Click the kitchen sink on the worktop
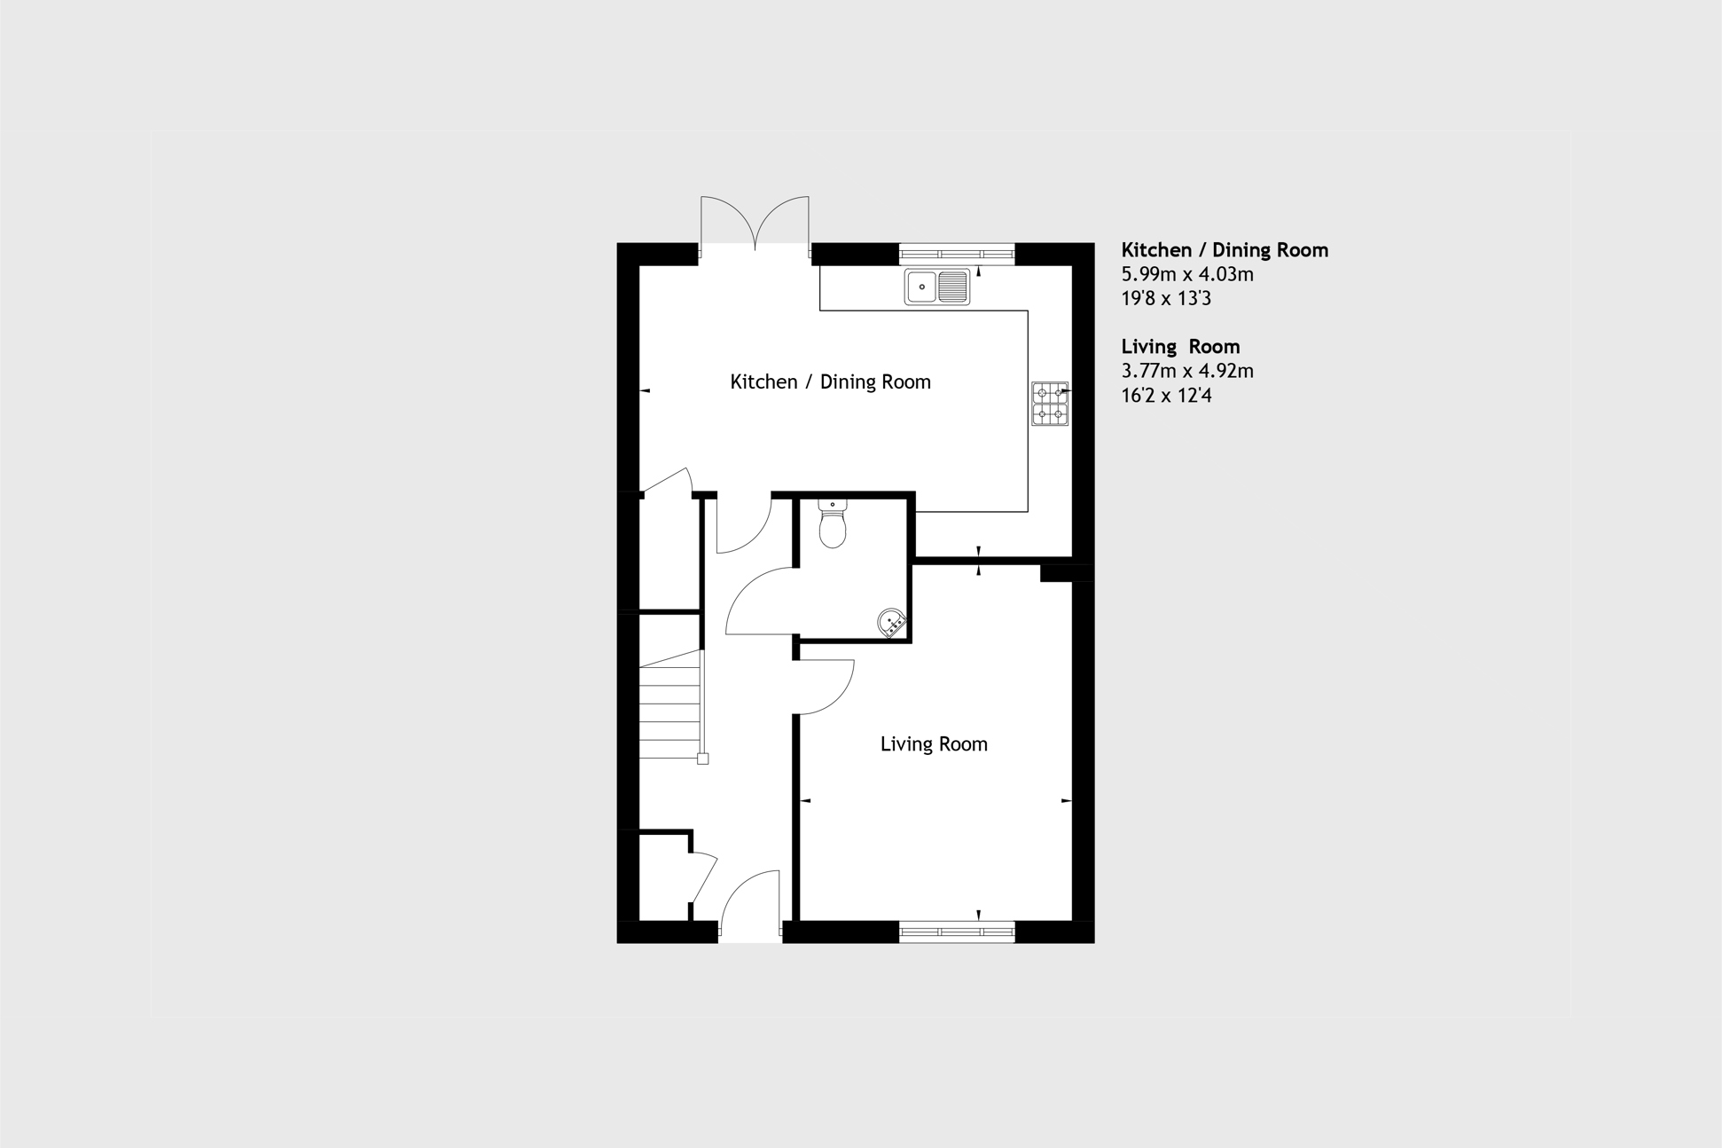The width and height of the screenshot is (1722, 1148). point(937,287)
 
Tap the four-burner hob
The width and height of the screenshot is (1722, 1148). point(1050,404)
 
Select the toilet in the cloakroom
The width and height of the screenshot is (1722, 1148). point(833,523)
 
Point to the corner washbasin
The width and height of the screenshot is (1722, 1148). point(892,623)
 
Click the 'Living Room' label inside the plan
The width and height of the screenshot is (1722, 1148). point(934,744)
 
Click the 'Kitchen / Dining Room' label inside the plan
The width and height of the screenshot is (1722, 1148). point(830,382)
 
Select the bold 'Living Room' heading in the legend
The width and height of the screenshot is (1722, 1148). point(1180,347)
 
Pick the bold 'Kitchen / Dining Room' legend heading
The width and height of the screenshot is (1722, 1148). point(1225,250)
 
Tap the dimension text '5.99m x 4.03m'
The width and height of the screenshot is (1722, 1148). point(1187,274)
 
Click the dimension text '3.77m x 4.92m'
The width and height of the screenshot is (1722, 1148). point(1187,371)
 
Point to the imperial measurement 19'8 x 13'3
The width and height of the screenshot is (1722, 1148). point(1166,298)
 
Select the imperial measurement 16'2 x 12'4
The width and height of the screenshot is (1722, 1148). point(1166,395)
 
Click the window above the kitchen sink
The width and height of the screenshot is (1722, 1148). point(957,255)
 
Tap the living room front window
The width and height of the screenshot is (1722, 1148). point(957,932)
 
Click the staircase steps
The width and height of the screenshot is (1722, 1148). point(670,704)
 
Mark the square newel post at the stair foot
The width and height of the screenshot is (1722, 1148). point(703,759)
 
